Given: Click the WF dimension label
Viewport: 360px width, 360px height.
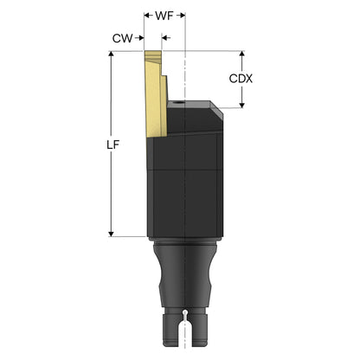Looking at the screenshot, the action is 164,16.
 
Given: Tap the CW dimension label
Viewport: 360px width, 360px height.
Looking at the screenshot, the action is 123,38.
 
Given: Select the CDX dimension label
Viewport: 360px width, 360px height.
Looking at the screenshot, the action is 241,79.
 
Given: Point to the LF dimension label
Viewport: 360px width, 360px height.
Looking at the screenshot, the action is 112,145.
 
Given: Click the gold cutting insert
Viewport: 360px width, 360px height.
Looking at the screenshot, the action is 156,93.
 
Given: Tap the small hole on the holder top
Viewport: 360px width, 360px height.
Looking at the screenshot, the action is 179,103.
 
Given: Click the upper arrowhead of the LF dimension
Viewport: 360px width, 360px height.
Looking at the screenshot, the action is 111,55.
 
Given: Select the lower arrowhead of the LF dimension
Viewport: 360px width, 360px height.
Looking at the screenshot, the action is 111,234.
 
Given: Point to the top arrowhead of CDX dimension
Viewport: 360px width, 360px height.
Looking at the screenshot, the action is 242,55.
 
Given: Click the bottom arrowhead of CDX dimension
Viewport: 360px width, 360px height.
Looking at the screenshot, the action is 242,105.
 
